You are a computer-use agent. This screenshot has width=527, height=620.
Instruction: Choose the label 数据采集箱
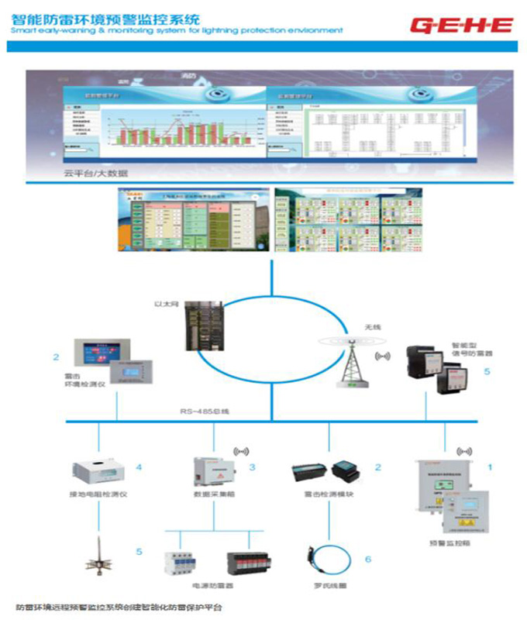pos(212,494)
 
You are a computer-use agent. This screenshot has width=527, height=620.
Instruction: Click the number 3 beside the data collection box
pos(252,467)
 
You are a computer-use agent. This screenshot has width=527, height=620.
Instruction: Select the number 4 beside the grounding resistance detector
pos(138,467)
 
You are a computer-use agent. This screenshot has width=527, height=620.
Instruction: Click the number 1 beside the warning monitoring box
pos(490,467)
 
